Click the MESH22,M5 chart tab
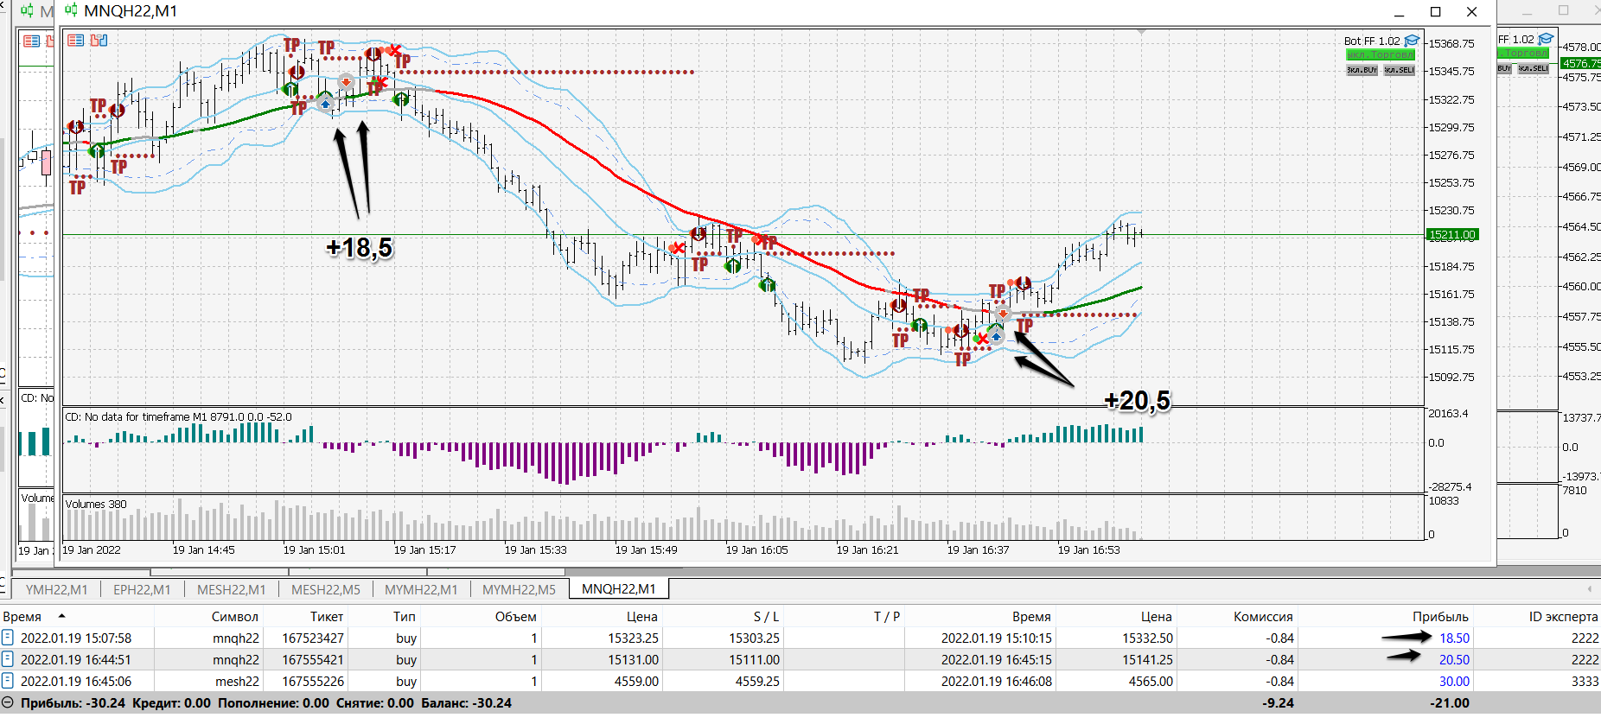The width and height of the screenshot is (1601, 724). (325, 589)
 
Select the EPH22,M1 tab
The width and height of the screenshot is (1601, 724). (142, 589)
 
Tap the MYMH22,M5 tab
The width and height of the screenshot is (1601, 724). (519, 589)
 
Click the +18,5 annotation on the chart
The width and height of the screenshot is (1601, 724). (359, 248)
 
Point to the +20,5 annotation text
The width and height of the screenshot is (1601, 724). (1137, 401)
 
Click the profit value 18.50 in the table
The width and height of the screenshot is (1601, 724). (1454, 638)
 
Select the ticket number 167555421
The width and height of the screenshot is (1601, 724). (313, 660)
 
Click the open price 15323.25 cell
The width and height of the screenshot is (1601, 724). (633, 638)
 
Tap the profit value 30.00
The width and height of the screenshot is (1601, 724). (1454, 682)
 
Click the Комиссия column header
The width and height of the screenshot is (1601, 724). (1263, 617)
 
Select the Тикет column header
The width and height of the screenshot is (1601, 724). (327, 617)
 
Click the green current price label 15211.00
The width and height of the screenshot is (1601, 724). (1451, 235)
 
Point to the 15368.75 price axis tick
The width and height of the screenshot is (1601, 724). (1451, 44)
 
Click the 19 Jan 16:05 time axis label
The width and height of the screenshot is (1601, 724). (756, 550)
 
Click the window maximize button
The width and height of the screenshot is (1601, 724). (1436, 12)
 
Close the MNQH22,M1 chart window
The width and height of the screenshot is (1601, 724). (1472, 12)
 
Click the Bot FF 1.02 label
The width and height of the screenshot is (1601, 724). (1372, 41)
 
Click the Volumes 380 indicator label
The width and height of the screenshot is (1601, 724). (96, 505)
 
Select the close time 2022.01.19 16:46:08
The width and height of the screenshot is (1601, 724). (996, 682)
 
